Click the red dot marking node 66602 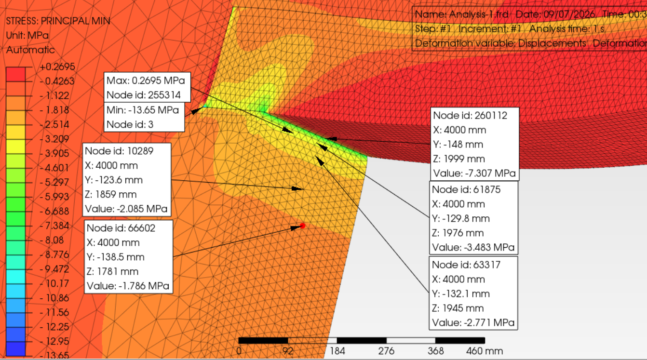click(302, 226)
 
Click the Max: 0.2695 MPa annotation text click(146, 80)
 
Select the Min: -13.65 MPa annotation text click(143, 110)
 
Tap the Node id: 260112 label click(470, 116)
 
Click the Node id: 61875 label click(466, 190)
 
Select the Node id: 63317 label click(466, 265)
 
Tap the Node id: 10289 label click(119, 151)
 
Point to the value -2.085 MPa click(142, 209)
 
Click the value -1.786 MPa click(144, 286)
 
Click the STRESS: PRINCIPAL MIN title click(58, 21)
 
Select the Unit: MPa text click(27, 36)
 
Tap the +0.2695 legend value click(57, 67)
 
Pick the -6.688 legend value click(54, 211)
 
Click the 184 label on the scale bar click(337, 351)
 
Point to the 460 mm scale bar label click(485, 351)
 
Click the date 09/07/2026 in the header click(569, 14)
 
